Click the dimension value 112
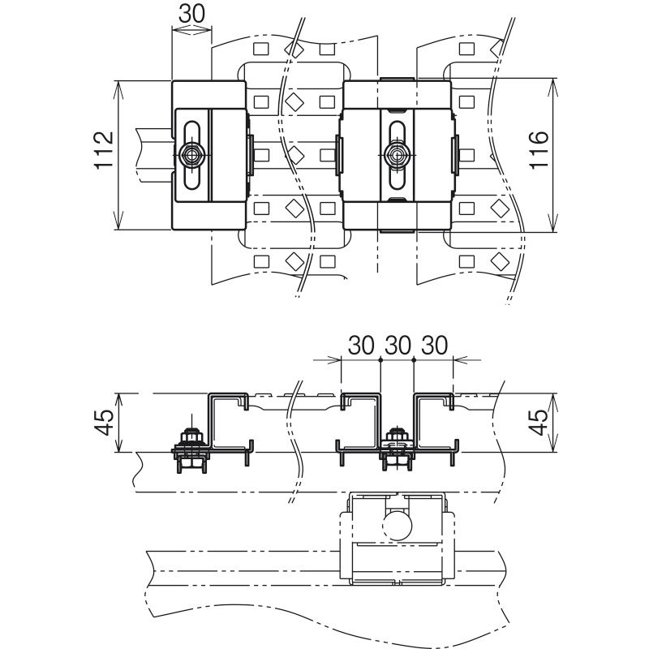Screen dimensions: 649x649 [104, 149]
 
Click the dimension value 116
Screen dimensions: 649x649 [539, 149]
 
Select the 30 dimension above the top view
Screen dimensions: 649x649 [191, 14]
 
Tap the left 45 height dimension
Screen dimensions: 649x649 [104, 422]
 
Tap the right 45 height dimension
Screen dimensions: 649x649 [539, 422]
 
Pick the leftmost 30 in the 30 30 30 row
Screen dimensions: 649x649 [361, 346]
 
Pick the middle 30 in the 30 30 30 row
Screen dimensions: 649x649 [398, 346]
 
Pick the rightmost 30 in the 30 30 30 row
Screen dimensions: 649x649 [435, 346]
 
